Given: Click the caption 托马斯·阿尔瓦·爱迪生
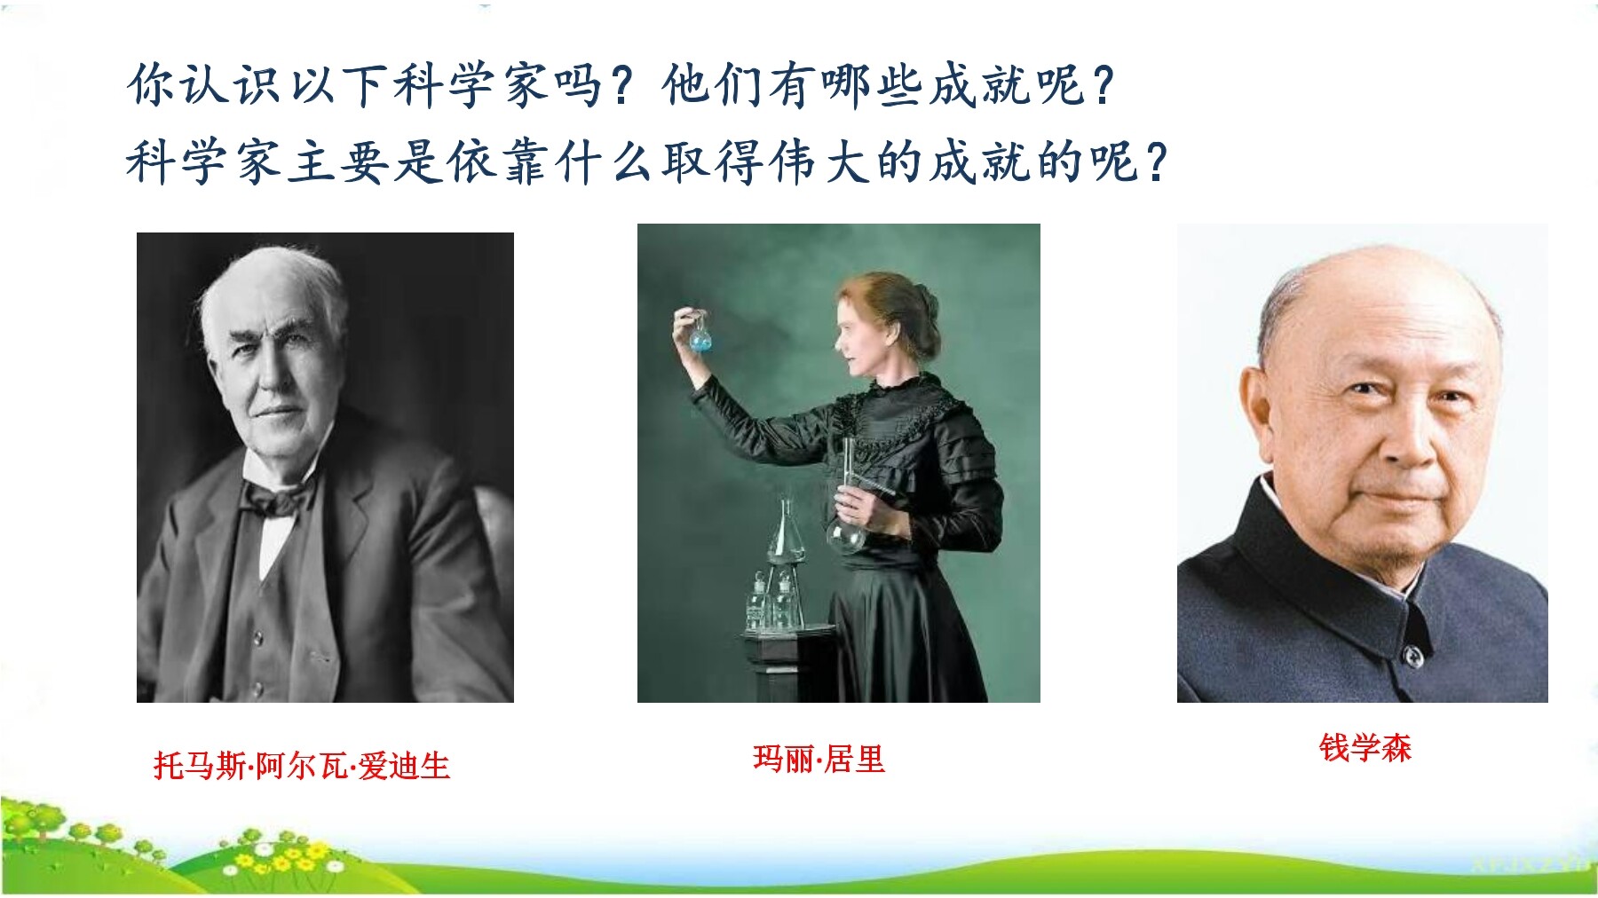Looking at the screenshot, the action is (302, 766).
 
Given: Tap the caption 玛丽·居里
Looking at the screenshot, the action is (819, 759).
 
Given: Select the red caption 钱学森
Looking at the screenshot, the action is (1365, 747).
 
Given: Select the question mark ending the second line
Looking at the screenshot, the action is (1156, 162).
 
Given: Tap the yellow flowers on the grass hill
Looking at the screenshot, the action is (284, 858).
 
